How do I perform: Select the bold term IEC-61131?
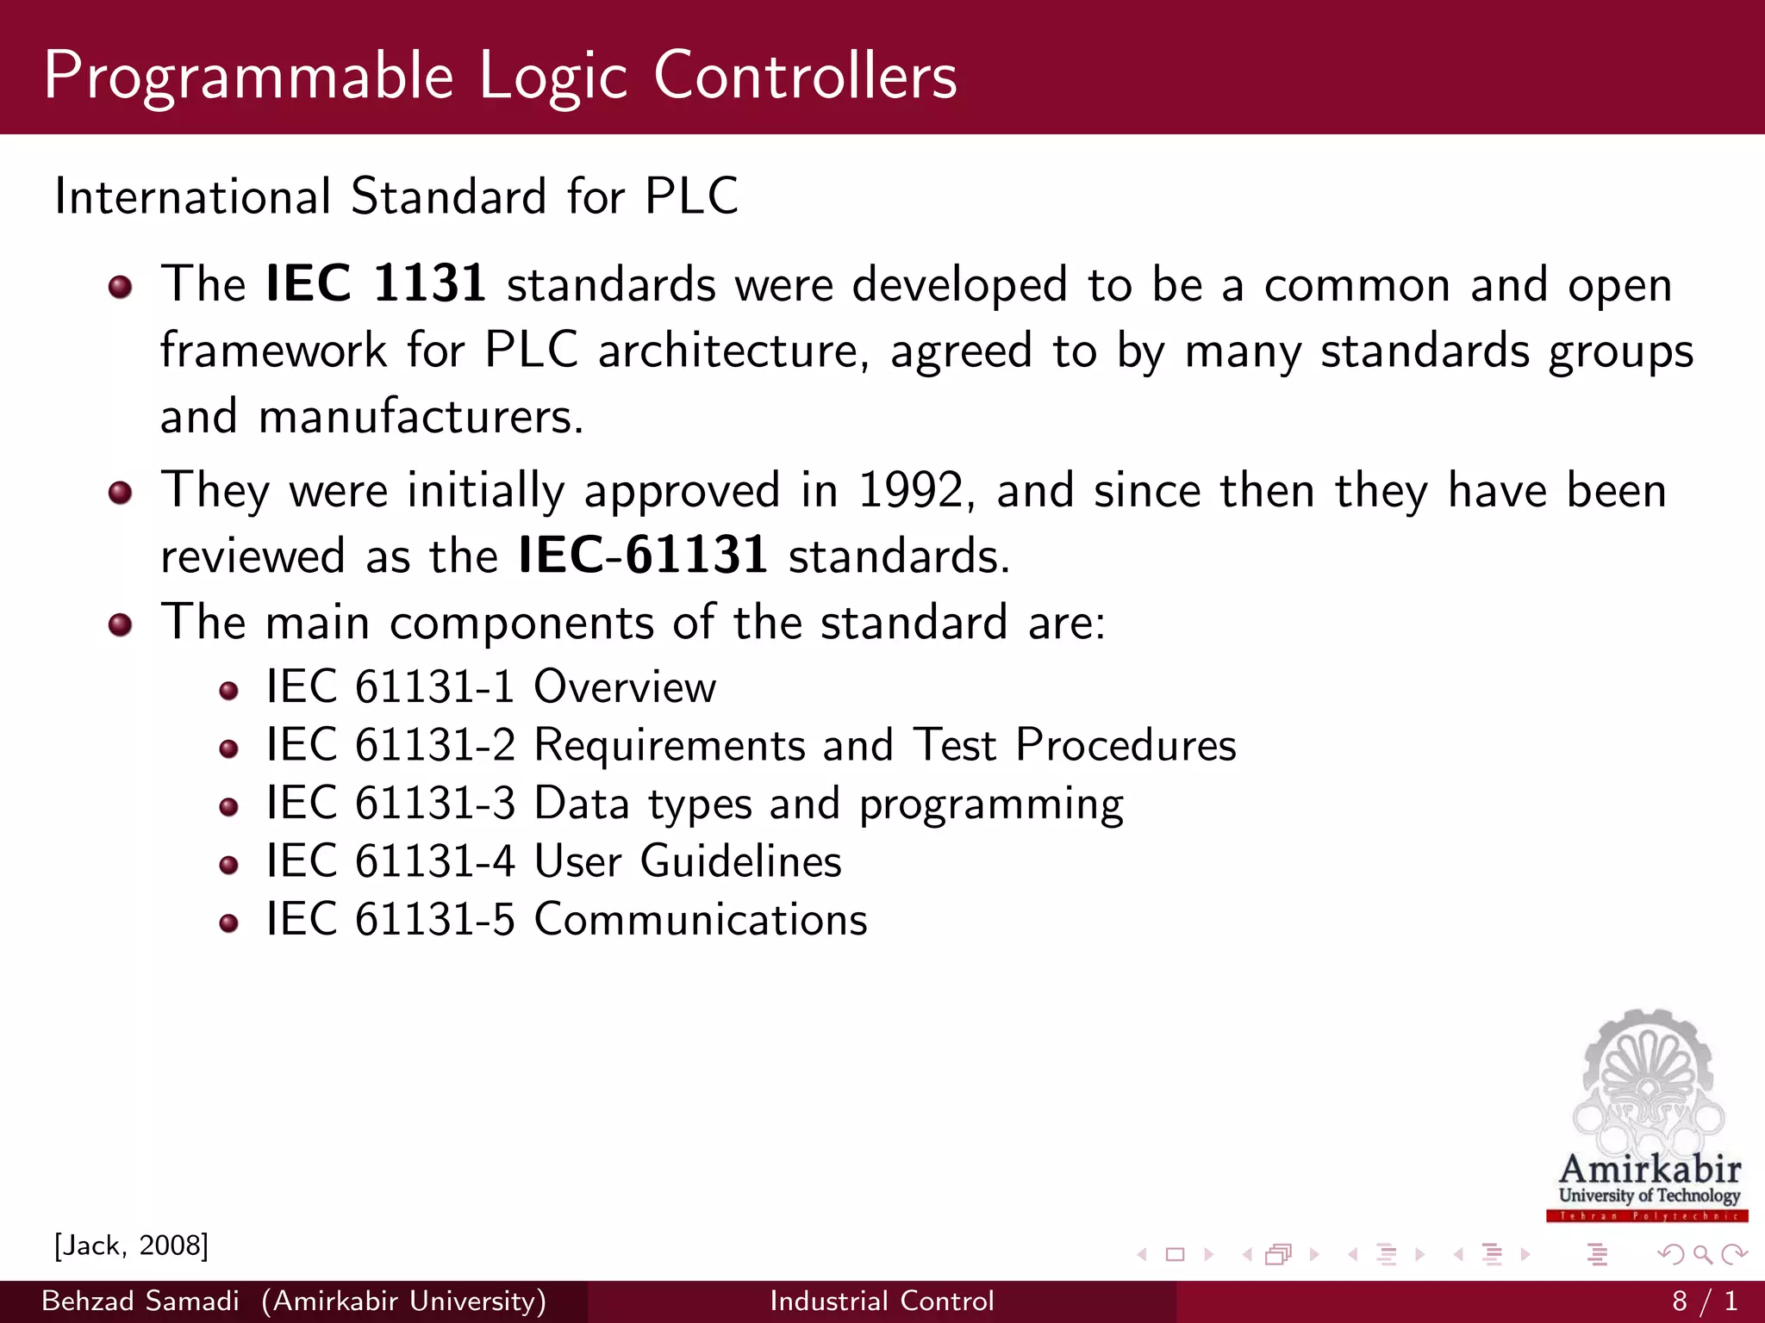pos(643,555)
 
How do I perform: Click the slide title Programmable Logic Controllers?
pos(500,76)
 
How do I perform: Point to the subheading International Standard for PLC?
pos(396,196)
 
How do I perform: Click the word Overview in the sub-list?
pos(625,687)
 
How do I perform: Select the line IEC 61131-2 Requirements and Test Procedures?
pos(751,745)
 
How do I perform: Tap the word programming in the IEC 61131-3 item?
pos(991,804)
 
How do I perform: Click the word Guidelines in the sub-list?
pos(740,861)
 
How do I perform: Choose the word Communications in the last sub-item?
pos(701,919)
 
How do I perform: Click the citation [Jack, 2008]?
pos(131,1245)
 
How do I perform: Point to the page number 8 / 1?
pos(1705,1301)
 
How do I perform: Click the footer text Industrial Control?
pos(882,1301)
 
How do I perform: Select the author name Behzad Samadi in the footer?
pos(140,1301)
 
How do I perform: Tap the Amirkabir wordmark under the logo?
pos(1650,1170)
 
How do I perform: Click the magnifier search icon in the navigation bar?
pos(1702,1254)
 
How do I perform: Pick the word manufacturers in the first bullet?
pos(421,417)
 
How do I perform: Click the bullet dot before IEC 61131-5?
pos(228,923)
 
